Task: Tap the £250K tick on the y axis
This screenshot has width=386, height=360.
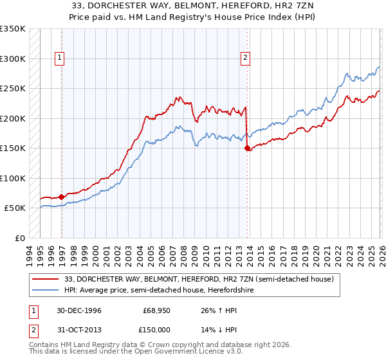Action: pyautogui.click(x=13, y=88)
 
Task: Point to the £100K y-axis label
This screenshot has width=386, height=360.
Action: pyautogui.click(x=13, y=178)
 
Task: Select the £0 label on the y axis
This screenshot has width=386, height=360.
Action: pyautogui.click(x=19, y=239)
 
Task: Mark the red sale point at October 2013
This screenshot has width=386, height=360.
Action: pyautogui.click(x=248, y=148)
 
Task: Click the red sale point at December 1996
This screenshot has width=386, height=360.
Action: pyautogui.click(x=62, y=197)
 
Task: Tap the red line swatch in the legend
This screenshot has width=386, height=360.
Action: pyautogui.click(x=46, y=280)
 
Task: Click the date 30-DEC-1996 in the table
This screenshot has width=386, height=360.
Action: pyautogui.click(x=79, y=310)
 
